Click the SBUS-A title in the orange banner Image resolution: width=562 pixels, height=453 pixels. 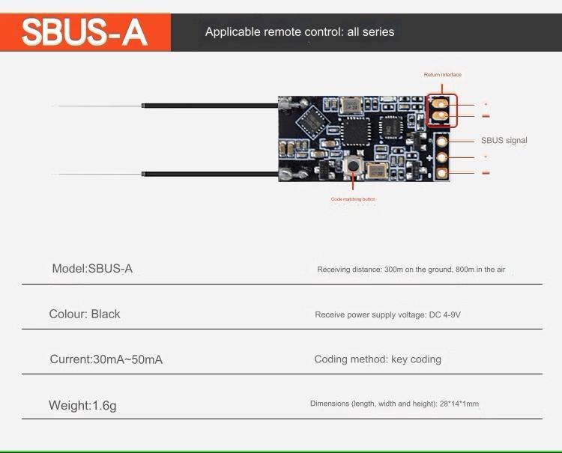tap(84, 33)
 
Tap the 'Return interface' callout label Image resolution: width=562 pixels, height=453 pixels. tap(443, 75)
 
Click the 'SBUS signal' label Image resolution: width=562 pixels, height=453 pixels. tap(504, 141)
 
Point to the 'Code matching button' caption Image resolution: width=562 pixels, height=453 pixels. tap(353, 199)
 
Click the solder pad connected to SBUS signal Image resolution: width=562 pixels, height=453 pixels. tap(442, 141)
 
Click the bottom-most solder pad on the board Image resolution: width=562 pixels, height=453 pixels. tap(442, 173)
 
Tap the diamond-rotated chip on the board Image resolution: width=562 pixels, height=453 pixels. tap(309, 116)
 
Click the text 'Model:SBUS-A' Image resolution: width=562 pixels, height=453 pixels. tap(92, 269)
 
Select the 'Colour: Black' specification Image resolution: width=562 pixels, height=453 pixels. tap(85, 314)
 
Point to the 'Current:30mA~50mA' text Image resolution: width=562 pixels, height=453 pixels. tap(106, 359)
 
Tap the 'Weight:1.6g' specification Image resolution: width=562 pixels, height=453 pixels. tap(82, 406)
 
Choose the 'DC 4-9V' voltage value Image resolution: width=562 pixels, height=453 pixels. tap(444, 315)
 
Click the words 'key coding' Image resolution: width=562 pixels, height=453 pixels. tap(416, 359)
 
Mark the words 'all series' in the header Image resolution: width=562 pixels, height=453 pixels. tap(370, 32)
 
